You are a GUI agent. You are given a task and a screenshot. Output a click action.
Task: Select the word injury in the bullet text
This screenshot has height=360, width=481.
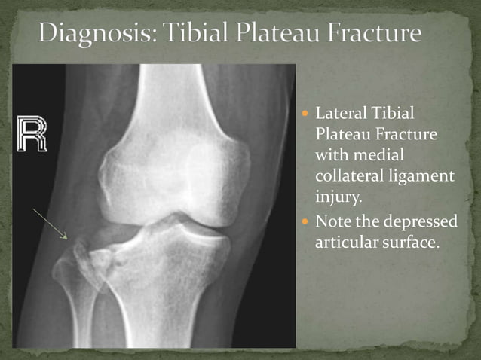click(334, 197)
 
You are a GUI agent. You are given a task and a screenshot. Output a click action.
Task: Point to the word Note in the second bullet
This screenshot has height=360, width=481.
click(332, 223)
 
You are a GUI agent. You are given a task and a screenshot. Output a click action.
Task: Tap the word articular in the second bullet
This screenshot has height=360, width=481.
click(345, 243)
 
